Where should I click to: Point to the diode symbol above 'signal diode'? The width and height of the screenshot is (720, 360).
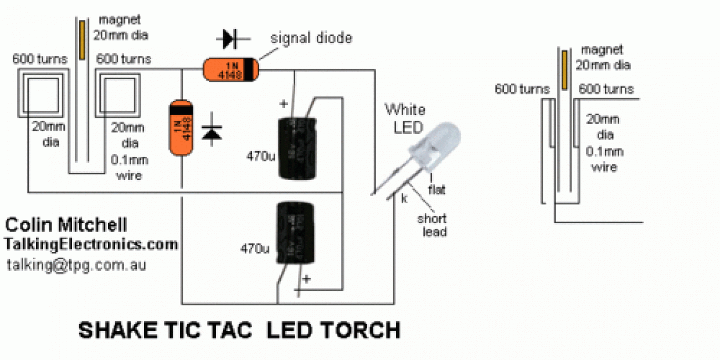(x=232, y=38)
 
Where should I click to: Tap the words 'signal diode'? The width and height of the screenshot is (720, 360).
(x=311, y=39)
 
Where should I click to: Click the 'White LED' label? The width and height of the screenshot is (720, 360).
(x=404, y=118)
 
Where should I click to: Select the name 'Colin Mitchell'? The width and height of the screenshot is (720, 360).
(x=66, y=225)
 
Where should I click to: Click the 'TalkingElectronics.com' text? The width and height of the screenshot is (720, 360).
(x=91, y=244)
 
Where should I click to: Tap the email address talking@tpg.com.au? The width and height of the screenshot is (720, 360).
(x=76, y=265)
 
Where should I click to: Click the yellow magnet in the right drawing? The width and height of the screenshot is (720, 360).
(x=564, y=70)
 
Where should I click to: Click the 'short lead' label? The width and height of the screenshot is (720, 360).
(x=432, y=225)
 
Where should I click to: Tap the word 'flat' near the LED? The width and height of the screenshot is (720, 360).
(x=436, y=191)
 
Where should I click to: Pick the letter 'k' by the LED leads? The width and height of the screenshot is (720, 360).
(x=404, y=199)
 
